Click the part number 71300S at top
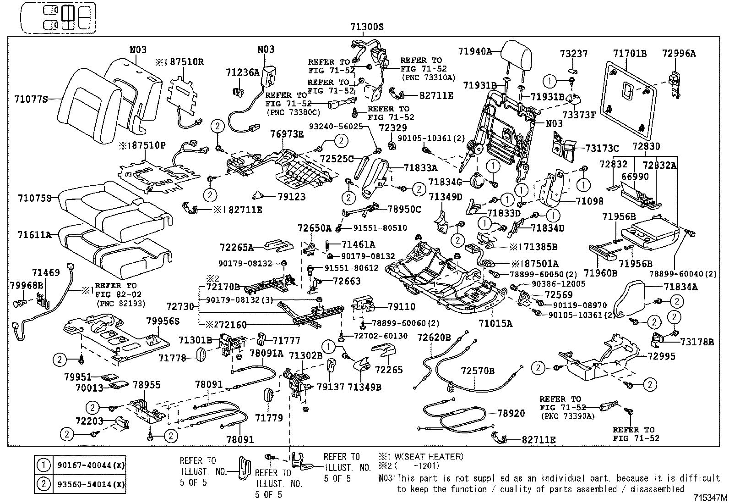pos(366,27)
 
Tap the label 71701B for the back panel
pos(630,54)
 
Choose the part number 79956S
pos(163,321)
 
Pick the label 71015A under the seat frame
pos(495,323)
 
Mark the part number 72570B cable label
pos(478,371)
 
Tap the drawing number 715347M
pos(710,498)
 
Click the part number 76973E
pos(287,134)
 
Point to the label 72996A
pos(679,54)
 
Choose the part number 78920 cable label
pos(511,413)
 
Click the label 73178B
pos(697,342)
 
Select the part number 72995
pos(661,356)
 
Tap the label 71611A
pos(34,235)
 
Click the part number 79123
pos(291,197)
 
